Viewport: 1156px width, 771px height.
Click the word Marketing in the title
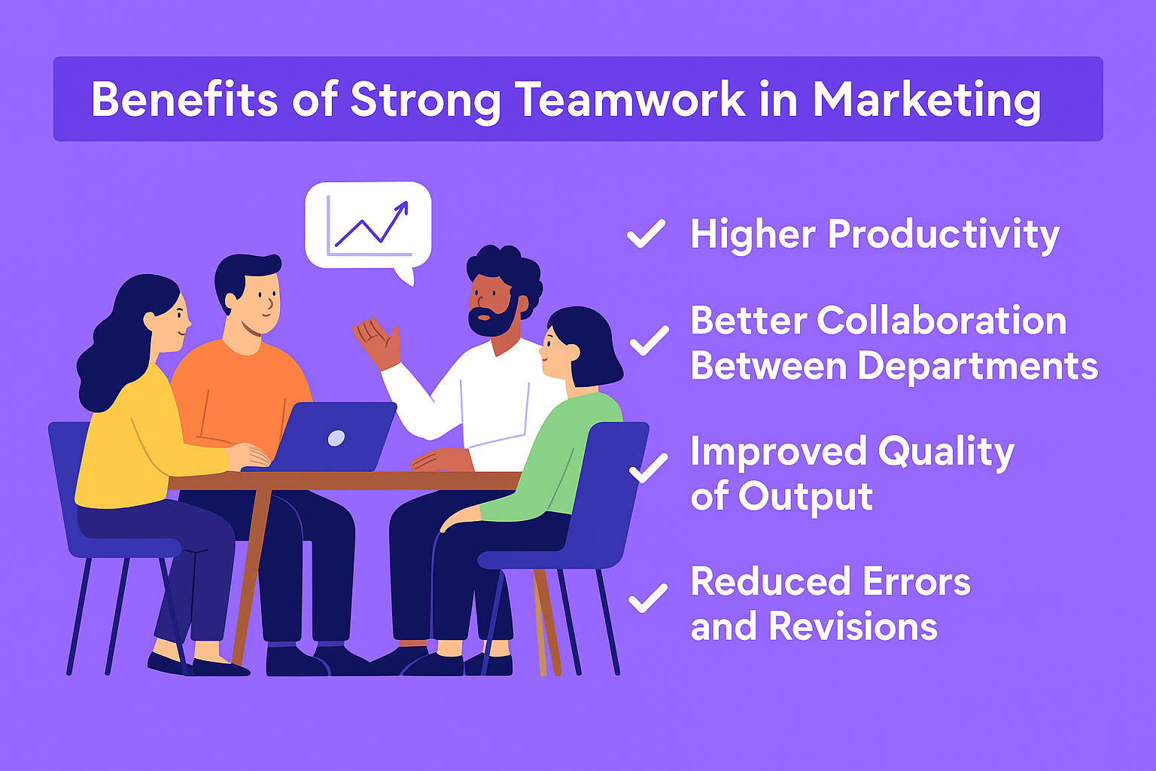tap(927, 101)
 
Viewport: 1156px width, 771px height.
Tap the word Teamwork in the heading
tap(630, 99)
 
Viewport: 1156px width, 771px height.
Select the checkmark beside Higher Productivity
tap(646, 233)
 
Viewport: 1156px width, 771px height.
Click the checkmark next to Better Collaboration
tap(649, 341)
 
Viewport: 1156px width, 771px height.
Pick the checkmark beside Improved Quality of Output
tap(649, 468)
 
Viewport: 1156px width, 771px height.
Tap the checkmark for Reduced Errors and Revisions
tap(648, 598)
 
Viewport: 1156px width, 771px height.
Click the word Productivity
tap(944, 236)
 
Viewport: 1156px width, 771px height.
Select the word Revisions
tap(853, 626)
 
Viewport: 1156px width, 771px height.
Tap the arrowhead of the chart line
tap(402, 208)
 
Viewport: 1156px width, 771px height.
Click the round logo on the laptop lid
tap(336, 438)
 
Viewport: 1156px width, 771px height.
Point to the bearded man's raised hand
tap(378, 342)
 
